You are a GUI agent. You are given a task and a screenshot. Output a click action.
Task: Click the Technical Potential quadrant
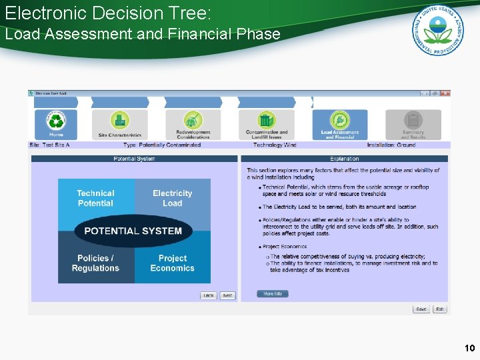[x=96, y=197]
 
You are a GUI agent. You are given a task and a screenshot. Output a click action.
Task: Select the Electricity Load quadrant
[x=173, y=197]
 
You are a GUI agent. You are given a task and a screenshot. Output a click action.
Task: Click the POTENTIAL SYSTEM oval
[x=133, y=231]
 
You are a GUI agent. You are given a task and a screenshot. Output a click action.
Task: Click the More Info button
[x=273, y=294]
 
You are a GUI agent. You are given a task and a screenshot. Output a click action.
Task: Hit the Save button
[x=421, y=309]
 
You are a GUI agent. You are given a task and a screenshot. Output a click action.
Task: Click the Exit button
[x=440, y=309]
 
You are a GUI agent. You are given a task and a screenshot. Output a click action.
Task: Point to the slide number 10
[x=469, y=348]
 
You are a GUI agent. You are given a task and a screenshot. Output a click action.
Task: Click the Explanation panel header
[x=344, y=159]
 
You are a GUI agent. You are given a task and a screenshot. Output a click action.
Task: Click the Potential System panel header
[x=134, y=159]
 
